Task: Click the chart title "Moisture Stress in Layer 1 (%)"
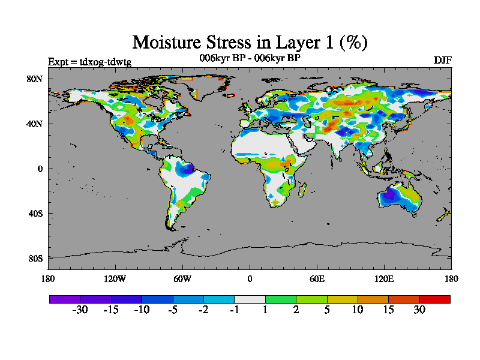(x=250, y=42)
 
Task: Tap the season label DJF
(x=442, y=61)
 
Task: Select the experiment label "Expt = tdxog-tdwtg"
(x=89, y=61)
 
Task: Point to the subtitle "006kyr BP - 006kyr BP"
(x=250, y=58)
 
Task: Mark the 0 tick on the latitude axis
(x=40, y=169)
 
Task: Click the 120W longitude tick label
(x=115, y=278)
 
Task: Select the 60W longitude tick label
(x=182, y=278)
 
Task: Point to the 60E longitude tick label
(x=317, y=278)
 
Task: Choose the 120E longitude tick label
(x=384, y=278)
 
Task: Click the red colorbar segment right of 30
(x=434, y=299)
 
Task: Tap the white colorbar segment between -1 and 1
(x=250, y=299)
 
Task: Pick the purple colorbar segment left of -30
(x=65, y=299)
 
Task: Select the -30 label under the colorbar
(x=80, y=310)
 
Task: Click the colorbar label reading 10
(x=358, y=310)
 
